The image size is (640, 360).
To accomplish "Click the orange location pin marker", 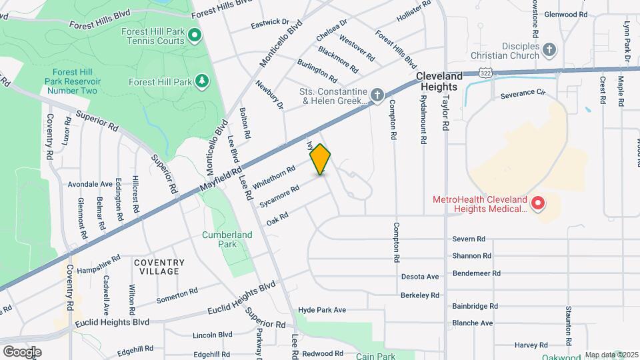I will [x=321, y=159].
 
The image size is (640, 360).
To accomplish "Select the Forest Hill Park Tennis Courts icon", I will [x=195, y=35].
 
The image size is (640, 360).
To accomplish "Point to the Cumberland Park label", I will [x=227, y=239].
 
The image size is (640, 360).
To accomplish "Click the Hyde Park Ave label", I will [x=322, y=310].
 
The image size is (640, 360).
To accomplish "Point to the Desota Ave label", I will [x=420, y=277].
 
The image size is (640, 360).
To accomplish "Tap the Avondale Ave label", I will [x=90, y=184].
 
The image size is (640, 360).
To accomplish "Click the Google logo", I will [x=22, y=351].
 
